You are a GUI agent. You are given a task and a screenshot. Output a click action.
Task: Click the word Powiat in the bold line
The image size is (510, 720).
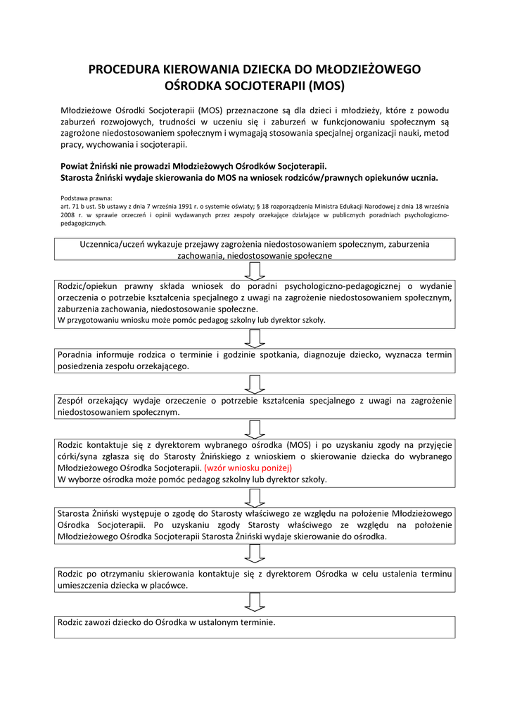click(x=77, y=167)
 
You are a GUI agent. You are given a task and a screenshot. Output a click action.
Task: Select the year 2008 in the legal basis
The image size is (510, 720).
click(x=69, y=215)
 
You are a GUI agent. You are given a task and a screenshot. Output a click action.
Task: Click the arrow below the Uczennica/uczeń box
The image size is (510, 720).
click(x=255, y=270)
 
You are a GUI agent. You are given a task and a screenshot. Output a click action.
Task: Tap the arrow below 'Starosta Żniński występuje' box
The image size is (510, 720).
click(x=255, y=555)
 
